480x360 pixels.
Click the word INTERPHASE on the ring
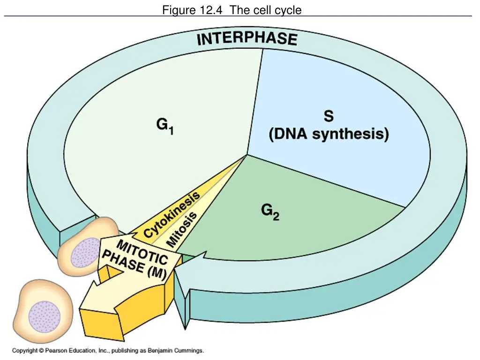click(x=247, y=39)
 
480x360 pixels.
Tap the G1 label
click(x=165, y=126)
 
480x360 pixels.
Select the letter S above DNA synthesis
click(x=329, y=116)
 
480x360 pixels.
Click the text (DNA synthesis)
click(x=329, y=135)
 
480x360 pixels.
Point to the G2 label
click(x=270, y=212)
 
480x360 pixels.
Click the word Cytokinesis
click(x=172, y=214)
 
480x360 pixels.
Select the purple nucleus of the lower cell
click(x=45, y=316)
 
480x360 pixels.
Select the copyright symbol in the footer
click(x=41, y=351)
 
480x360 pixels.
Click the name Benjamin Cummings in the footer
click(x=175, y=351)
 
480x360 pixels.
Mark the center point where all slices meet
click(x=247, y=155)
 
